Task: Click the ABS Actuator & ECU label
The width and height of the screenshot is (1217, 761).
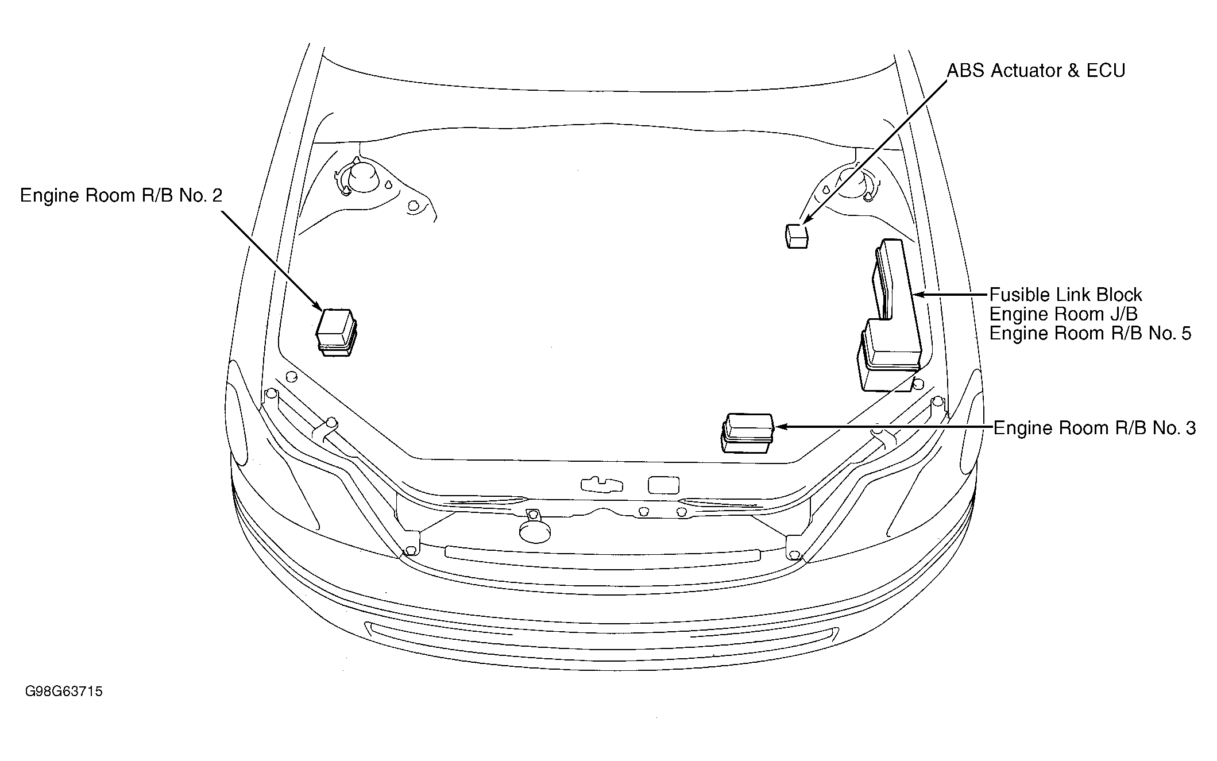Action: click(x=1036, y=71)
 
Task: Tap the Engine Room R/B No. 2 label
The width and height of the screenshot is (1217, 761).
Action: click(x=121, y=196)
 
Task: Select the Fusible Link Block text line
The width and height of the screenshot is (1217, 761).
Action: click(x=1065, y=295)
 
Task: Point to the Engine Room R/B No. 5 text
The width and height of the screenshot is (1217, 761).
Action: click(x=1090, y=333)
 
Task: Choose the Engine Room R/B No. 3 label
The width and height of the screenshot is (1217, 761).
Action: click(x=1095, y=428)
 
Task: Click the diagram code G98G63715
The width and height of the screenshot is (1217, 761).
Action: click(x=64, y=691)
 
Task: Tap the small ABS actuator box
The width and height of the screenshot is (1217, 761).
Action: click(x=796, y=236)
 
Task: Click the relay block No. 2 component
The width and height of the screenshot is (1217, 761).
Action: click(x=337, y=333)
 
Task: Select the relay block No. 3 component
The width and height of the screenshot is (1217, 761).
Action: click(x=747, y=432)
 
